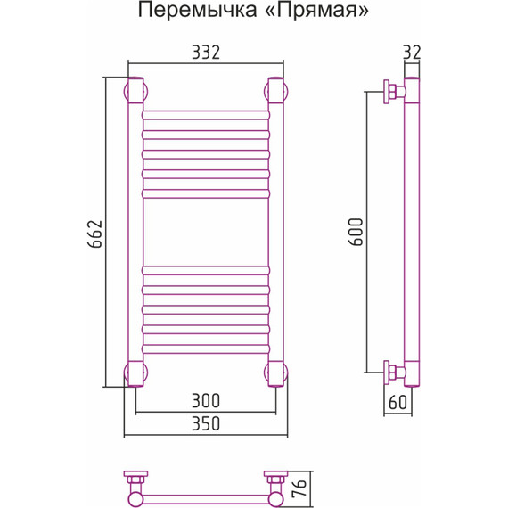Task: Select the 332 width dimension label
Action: coord(206,53)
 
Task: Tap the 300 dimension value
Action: coord(205,400)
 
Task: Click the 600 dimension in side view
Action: coord(356,233)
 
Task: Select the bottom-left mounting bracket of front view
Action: coord(135,373)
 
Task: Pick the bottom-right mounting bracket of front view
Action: coord(276,373)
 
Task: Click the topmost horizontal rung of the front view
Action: coord(206,114)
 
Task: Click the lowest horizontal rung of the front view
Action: coord(206,349)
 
